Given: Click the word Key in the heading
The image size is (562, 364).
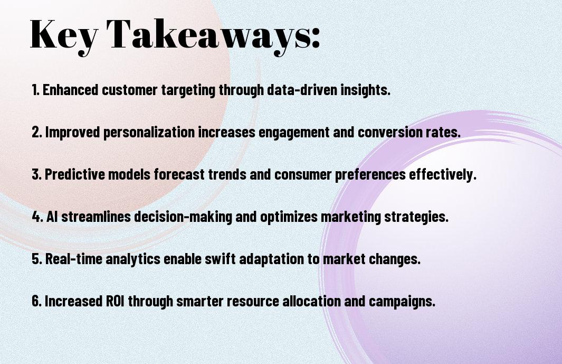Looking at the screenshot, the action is pos(64,35).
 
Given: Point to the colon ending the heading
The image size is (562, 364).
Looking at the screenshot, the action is pos(316,38).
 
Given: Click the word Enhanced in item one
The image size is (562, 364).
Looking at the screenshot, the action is pos(70,90).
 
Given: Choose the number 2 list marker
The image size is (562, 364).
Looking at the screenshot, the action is pos(36,132).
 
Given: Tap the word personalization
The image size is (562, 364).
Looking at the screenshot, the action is pos(149,133).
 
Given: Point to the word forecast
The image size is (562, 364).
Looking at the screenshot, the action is pos(179,174).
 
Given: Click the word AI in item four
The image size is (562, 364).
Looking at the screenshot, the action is pos(52,217).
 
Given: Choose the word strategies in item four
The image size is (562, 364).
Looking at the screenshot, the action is pos(416,217).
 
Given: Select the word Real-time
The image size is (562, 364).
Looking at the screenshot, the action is pos(73,259).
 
